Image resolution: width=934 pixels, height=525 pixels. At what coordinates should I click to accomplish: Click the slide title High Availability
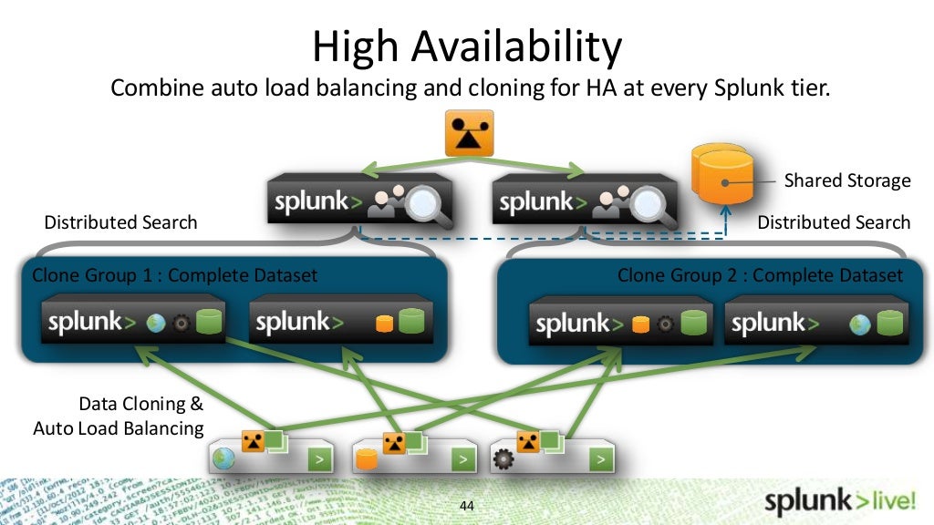tap(466, 46)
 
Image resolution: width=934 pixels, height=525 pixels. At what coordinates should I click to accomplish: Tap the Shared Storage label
tap(847, 180)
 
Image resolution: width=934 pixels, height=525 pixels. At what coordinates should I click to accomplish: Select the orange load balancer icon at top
tap(469, 133)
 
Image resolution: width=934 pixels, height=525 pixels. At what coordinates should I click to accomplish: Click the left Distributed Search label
tap(120, 222)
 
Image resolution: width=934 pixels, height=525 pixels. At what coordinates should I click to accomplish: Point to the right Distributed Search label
tap(834, 222)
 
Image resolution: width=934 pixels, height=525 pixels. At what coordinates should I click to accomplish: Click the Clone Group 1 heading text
tap(175, 275)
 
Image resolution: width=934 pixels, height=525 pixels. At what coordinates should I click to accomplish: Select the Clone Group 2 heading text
tap(760, 275)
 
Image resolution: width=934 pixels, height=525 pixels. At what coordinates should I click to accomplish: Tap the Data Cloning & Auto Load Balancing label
tap(119, 416)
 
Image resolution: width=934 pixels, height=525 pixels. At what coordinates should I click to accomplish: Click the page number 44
tap(468, 506)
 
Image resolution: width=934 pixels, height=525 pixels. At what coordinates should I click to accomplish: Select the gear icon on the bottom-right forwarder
tap(503, 458)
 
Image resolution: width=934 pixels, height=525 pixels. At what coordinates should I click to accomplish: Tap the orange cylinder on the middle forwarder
tap(367, 458)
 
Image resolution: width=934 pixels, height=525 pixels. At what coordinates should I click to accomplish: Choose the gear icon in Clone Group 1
tap(181, 324)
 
